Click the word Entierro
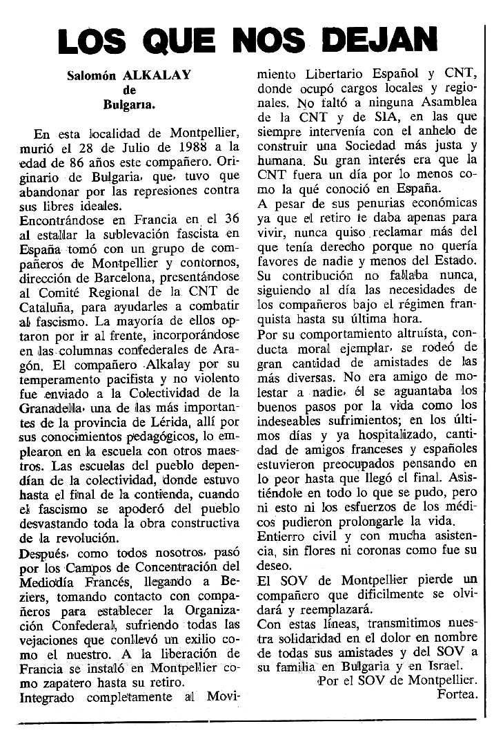[x=281, y=536]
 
